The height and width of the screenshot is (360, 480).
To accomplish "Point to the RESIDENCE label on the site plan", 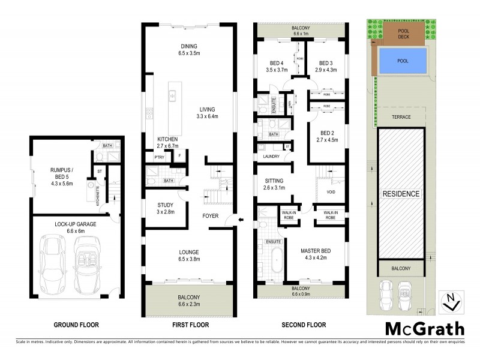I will point(401,194).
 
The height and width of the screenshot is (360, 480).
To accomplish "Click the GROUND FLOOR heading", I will point(76,325).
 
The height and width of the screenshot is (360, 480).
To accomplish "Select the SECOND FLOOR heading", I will point(304,325).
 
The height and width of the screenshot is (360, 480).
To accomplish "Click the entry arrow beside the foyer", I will point(241,220).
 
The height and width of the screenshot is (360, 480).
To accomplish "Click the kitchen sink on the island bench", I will point(172,94).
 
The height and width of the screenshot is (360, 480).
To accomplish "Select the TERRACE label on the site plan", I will point(401,117).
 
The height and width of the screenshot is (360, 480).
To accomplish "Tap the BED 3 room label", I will point(326,63).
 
